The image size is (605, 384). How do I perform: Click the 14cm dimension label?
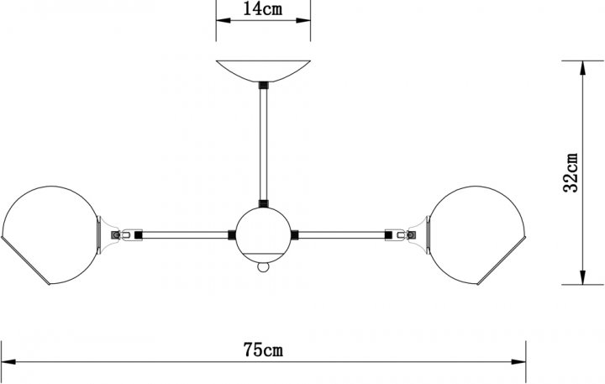click(262, 8)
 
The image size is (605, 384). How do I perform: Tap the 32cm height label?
click(571, 172)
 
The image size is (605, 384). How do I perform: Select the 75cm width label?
click(263, 350)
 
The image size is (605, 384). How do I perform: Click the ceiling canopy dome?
click(263, 71)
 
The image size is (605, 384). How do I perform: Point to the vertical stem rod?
click(263, 145)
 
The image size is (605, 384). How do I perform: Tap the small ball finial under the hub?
click(263, 267)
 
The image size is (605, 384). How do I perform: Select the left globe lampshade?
click(50, 235)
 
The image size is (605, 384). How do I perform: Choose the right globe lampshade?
click(477, 235)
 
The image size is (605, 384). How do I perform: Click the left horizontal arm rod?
click(185, 235)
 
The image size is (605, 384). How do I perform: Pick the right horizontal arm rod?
click(342, 235)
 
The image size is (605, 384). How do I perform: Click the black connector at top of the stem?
click(263, 85)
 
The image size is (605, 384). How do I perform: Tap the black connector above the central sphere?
click(263, 204)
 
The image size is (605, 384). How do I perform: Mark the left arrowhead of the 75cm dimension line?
click(8, 362)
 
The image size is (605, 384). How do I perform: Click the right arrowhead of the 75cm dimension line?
click(518, 362)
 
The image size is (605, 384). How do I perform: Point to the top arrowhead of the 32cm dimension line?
click(582, 68)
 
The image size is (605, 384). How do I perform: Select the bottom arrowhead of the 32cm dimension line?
click(582, 277)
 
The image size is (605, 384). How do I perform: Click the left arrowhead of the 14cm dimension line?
click(224, 20)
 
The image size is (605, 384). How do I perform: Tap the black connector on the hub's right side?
click(295, 235)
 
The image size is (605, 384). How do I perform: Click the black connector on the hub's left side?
click(232, 235)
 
